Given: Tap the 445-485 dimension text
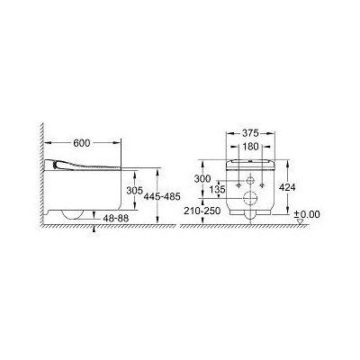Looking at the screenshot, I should pyautogui.click(x=181, y=195).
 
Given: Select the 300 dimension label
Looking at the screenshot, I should pyautogui.click(x=205, y=177).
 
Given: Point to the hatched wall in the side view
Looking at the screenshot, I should pyautogui.click(x=41, y=180).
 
